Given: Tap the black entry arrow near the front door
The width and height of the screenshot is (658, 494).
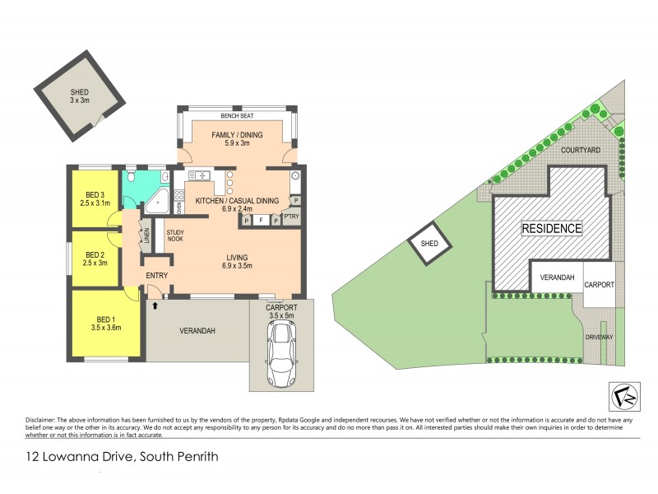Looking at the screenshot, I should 155,305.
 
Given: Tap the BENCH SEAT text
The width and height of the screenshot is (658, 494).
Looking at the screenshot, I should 236,116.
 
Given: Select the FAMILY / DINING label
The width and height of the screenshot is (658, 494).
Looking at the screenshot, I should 236,136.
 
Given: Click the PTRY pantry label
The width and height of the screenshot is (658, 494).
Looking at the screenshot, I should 290,216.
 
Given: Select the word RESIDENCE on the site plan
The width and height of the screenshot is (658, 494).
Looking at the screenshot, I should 552,228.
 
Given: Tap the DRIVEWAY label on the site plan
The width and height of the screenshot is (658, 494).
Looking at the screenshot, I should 600,336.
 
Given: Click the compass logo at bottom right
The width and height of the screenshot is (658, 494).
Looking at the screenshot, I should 623,397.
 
